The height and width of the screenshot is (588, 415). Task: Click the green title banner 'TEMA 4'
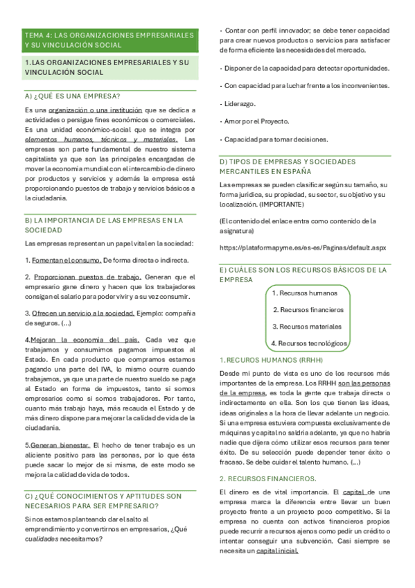tap(110, 39)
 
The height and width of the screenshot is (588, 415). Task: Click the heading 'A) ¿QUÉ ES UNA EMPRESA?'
tap(71, 96)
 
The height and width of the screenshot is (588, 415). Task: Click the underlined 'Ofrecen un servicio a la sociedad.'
tap(82, 313)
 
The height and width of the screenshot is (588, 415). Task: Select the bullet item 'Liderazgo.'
tap(240, 103)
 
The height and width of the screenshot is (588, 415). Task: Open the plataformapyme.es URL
tap(302, 248)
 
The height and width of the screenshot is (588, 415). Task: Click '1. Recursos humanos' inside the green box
tap(304, 293)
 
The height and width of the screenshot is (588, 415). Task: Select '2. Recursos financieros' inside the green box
tap(308, 310)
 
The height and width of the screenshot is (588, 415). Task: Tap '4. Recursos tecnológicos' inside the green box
tap(309, 343)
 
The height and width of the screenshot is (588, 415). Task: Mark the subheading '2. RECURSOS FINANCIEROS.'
tap(267, 478)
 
